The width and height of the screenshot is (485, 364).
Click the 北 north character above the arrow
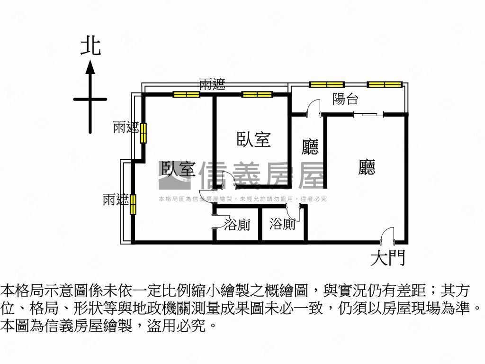(90, 47)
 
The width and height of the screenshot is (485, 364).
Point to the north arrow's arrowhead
(90, 67)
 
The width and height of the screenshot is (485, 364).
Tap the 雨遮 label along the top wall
(212, 85)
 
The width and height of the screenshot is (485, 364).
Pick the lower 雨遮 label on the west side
(116, 200)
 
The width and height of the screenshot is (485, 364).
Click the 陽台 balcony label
(345, 99)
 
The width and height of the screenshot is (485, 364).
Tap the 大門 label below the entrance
(388, 258)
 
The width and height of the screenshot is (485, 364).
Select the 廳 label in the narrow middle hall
(310, 147)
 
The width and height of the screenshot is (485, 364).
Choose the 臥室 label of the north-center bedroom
(253, 140)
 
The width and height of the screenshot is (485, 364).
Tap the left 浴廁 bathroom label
(237, 225)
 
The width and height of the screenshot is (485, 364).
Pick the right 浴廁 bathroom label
(283, 224)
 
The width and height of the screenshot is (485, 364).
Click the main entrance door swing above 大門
(387, 234)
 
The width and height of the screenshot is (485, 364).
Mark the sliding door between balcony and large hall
(368, 114)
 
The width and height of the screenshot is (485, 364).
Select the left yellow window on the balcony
(326, 84)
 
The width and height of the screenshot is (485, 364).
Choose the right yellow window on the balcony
(384, 84)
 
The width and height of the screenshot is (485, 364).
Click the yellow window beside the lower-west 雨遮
(134, 204)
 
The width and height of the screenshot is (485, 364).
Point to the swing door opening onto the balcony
(314, 108)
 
